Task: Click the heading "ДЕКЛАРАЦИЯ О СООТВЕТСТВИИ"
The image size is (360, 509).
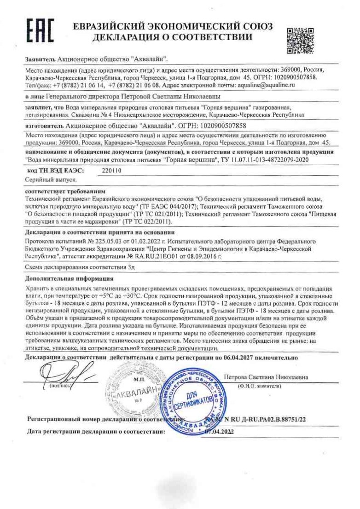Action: point(173,37)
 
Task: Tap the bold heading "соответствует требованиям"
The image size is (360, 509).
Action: point(59,191)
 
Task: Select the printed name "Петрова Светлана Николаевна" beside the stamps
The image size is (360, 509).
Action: point(266,377)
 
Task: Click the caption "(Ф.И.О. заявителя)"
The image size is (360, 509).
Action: point(259,386)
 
